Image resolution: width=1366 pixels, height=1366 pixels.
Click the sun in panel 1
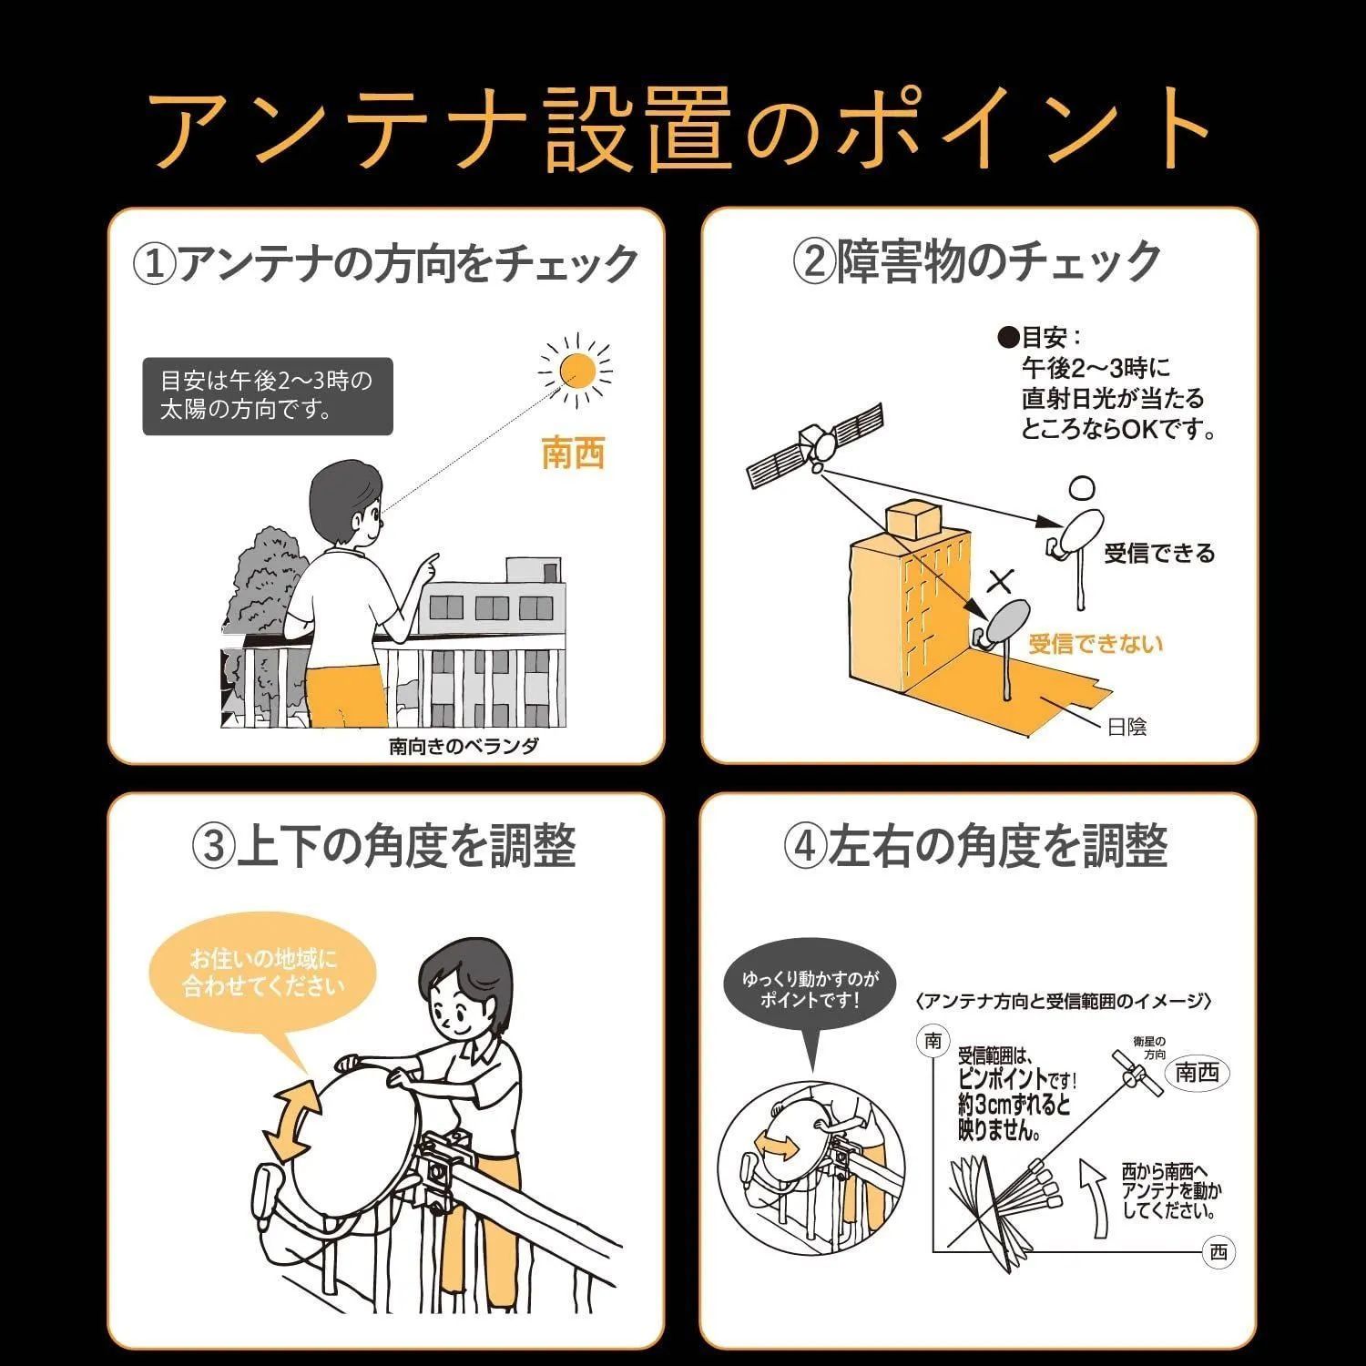pyautogui.click(x=576, y=370)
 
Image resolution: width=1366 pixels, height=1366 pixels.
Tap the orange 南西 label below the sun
pyautogui.click(x=573, y=453)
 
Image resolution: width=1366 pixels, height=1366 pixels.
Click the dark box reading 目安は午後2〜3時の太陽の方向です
pyautogui.click(x=267, y=394)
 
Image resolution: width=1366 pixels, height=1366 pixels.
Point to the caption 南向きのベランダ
pyautogui.click(x=464, y=747)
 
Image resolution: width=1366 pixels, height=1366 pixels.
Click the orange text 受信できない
pyautogui.click(x=1096, y=645)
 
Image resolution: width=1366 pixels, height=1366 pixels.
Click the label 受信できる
pyautogui.click(x=1159, y=553)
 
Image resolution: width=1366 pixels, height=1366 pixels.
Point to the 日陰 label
pyautogui.click(x=1126, y=727)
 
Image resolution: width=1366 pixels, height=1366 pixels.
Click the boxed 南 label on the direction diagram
pyautogui.click(x=933, y=1041)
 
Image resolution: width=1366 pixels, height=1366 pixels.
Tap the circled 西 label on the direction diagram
pyautogui.click(x=1218, y=1253)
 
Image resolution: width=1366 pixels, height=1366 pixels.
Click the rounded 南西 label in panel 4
pyautogui.click(x=1197, y=1073)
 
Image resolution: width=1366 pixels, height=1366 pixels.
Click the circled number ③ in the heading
pyautogui.click(x=213, y=846)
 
